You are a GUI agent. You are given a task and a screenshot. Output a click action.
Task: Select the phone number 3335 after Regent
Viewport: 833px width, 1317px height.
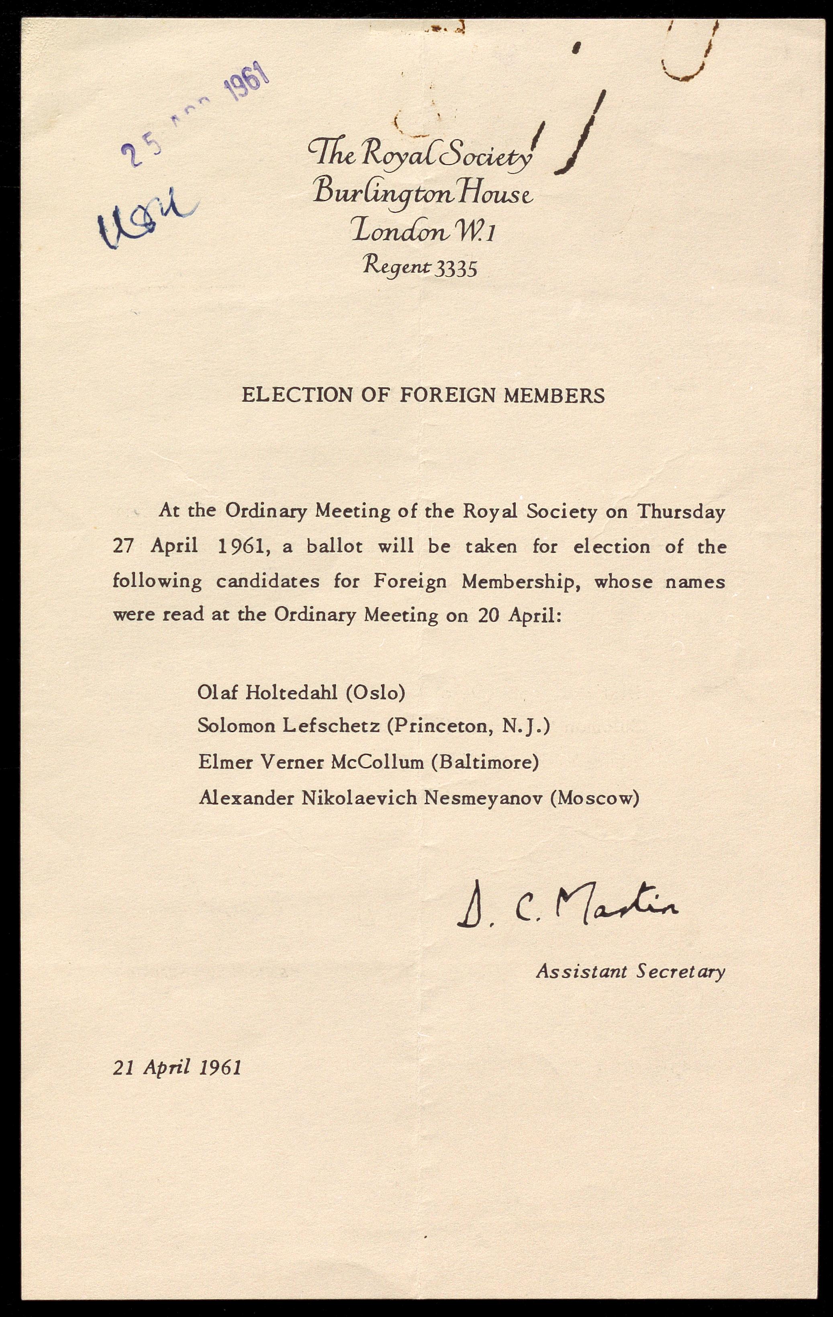pos(455,269)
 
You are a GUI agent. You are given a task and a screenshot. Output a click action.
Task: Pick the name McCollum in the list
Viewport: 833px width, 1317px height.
pos(378,762)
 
